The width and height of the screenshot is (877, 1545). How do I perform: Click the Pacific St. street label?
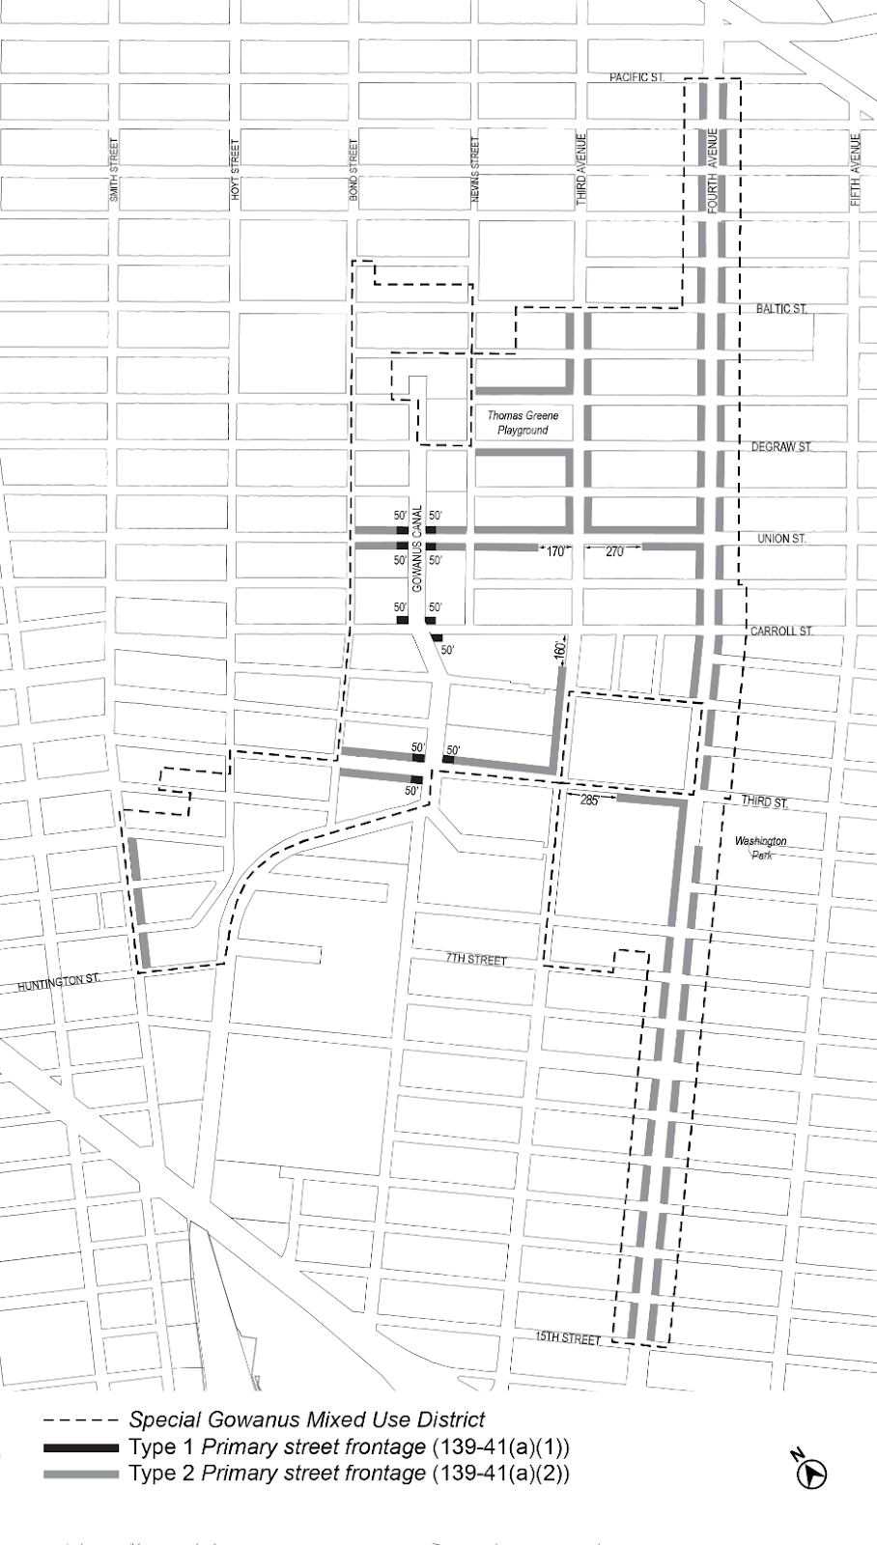click(x=637, y=77)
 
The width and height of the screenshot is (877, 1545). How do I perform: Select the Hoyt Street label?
click(x=235, y=169)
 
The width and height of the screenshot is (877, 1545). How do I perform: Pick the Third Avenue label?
click(x=581, y=169)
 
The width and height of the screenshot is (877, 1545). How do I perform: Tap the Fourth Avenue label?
click(x=713, y=164)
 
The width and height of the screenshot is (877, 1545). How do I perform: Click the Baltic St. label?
click(x=781, y=309)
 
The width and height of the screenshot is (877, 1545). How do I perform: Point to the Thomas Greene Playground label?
click(x=523, y=423)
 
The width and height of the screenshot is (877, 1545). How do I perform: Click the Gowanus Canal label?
click(x=418, y=549)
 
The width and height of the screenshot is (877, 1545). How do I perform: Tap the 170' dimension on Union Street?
click(x=555, y=552)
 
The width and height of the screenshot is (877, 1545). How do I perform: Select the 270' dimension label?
click(x=614, y=552)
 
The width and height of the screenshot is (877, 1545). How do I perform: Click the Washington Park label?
click(x=761, y=848)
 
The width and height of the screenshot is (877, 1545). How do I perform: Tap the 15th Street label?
click(x=569, y=1338)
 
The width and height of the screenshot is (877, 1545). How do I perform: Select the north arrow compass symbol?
click(x=814, y=1472)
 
